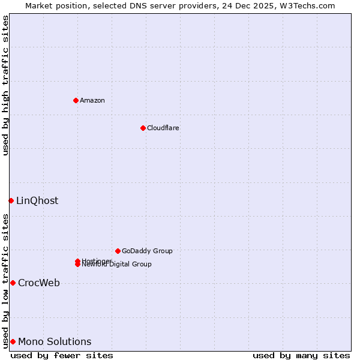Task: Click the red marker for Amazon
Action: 76,100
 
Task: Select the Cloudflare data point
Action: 143,128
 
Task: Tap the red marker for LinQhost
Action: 11,200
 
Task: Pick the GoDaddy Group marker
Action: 118,251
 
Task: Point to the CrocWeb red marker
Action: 13,283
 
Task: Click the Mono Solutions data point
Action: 13,341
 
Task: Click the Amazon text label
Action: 92,100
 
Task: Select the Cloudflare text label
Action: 163,128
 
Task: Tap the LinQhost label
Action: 37,200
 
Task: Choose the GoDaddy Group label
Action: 147,251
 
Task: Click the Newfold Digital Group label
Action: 118,265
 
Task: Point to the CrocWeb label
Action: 39,283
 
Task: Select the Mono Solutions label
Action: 55,341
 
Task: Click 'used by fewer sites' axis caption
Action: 62,355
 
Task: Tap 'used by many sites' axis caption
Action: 301,355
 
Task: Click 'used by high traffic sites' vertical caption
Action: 5,85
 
